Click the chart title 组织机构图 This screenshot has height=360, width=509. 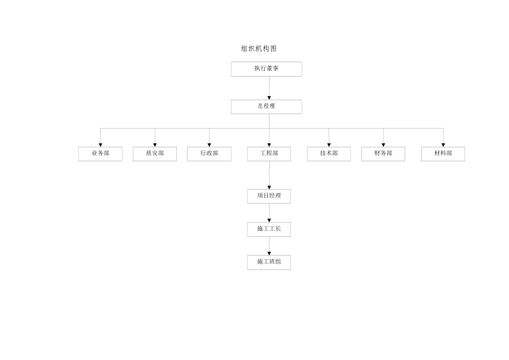tap(259, 49)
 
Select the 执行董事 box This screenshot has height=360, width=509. tap(266, 69)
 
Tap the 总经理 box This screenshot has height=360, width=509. tap(266, 107)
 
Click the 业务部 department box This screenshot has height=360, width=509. tap(100, 154)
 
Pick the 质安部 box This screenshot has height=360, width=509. tap(155, 154)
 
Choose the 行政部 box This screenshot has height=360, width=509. tap(209, 154)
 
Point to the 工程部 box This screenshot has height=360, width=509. tap(269, 154)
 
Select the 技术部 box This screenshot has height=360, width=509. tap(329, 154)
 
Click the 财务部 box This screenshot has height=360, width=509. tap(383, 154)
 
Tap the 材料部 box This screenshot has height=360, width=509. tap(443, 154)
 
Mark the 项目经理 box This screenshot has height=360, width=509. tap(269, 196)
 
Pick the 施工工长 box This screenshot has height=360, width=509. tap(269, 229)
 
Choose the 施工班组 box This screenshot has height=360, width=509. tap(269, 262)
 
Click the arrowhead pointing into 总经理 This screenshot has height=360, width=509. tap(269, 97)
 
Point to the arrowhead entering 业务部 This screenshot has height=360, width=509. tap(100, 145)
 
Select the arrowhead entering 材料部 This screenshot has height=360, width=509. tap(443, 145)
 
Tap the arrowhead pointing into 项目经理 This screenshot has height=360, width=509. tap(269, 187)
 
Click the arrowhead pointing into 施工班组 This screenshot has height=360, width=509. tap(269, 253)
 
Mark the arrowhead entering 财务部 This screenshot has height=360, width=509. tap(383, 145)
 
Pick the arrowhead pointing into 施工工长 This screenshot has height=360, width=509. tap(269, 220)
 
